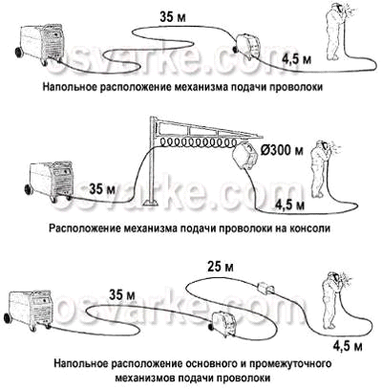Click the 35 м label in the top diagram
pos(172,16)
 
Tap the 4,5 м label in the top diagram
pos(296,59)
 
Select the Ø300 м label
pos(282,149)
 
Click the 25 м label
pos(220,267)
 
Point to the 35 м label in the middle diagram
pos(102,189)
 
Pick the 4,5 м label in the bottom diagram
pos(348,346)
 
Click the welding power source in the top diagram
pos(40,44)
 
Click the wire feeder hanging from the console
pos(244,156)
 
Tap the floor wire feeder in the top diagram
pos(248,46)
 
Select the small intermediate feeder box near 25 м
pos(265,288)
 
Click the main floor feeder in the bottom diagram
pos(223,322)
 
